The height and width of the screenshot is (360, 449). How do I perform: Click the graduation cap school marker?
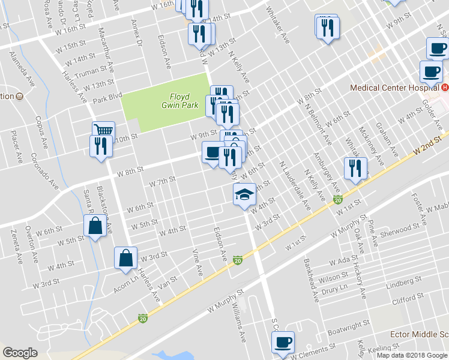tap(244, 194)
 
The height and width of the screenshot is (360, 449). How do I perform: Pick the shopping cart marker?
tap(103, 131)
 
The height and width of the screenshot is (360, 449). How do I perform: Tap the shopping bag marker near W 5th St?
tap(95, 226)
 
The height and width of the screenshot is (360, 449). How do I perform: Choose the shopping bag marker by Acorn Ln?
tap(126, 258)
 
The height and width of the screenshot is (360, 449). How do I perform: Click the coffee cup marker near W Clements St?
tap(283, 343)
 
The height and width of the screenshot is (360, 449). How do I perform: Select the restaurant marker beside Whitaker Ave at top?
tap(328, 28)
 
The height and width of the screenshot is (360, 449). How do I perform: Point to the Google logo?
tap(20, 353)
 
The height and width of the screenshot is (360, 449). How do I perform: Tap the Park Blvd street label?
tap(107, 95)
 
